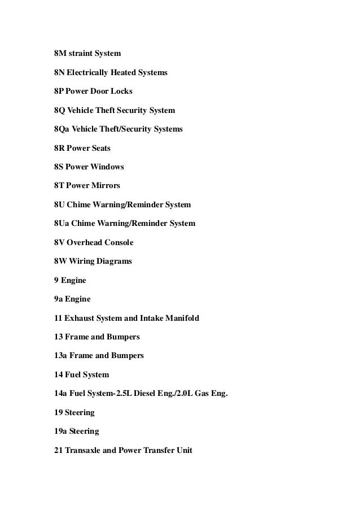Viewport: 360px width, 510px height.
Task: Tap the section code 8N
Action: (59, 73)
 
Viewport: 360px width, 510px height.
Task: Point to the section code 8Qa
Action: (62, 129)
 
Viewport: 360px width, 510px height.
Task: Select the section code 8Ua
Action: (62, 224)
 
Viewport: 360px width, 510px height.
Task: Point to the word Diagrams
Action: (114, 261)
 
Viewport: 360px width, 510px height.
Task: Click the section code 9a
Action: (58, 299)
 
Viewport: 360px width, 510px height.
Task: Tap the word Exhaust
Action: (81, 318)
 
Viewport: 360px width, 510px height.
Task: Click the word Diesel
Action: (147, 394)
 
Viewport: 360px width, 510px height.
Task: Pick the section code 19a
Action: (61, 431)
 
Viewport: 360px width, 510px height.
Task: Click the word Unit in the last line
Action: (183, 450)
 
